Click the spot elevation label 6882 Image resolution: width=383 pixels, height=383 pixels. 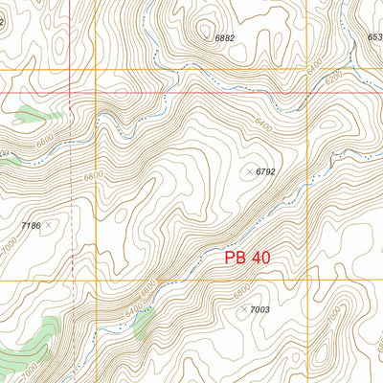point(225,38)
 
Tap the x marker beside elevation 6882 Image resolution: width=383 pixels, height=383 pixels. point(205,38)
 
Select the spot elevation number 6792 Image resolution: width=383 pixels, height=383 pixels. point(265,171)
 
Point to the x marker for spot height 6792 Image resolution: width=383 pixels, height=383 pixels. point(250,171)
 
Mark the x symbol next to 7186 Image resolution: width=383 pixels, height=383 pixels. point(48,225)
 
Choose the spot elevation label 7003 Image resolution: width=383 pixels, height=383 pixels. point(260,310)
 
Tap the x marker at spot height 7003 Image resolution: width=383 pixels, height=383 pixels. point(244,309)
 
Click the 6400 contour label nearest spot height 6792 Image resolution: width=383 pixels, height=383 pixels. point(264,124)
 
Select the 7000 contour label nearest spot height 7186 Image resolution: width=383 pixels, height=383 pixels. point(19,245)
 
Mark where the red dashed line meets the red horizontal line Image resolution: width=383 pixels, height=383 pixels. point(71,93)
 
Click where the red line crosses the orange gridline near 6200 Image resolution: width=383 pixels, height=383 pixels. point(306,93)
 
